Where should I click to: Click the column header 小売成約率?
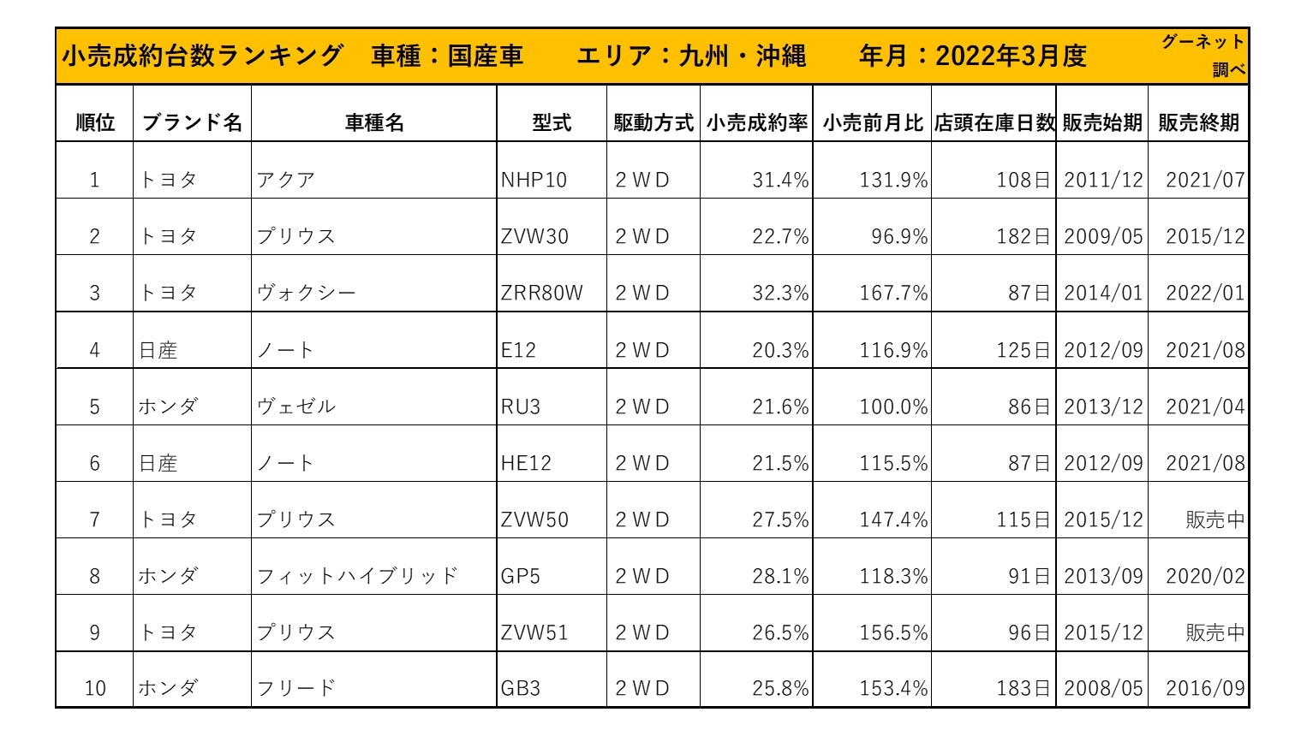coord(756,123)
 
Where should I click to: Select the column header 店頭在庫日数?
coord(994,123)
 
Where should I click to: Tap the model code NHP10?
coord(534,180)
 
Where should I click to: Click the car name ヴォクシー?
coord(306,293)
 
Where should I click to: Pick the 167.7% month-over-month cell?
coord(893,293)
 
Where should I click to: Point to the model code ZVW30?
coord(534,236)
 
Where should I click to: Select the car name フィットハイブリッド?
coord(357,576)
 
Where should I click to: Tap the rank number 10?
coord(95,688)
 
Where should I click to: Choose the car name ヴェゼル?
coord(296,407)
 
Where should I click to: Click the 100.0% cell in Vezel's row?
coord(893,407)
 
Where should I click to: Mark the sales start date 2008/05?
coord(1103,688)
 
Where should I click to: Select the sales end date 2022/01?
coord(1204,293)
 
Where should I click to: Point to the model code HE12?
coord(526,463)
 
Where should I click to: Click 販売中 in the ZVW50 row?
coord(1214,519)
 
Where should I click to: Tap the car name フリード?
coord(296,688)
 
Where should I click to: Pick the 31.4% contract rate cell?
coord(779,180)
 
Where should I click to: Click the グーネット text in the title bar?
coord(1203,42)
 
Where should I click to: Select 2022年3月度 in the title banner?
coord(1011,56)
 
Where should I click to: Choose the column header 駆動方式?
coord(653,123)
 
